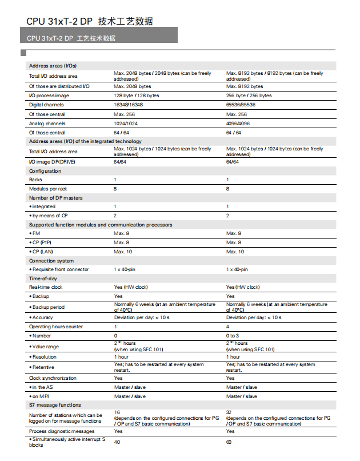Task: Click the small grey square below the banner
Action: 23,53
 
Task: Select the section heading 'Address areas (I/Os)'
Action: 53,66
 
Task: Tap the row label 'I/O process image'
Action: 49,96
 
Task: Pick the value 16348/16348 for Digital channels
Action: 128,105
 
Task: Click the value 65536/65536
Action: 241,105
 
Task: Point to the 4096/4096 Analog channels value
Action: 238,123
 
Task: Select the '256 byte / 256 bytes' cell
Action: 249,96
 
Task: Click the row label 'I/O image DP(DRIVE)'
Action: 52,162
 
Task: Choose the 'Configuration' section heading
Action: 45,171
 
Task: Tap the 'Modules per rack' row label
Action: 48,188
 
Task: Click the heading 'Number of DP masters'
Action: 55,198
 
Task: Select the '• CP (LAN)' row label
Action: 43,252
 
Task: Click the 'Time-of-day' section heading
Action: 43,279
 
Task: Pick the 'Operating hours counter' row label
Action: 56,327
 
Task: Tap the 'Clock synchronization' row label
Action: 53,378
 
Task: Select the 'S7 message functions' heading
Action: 55,405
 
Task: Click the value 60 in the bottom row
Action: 229,442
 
